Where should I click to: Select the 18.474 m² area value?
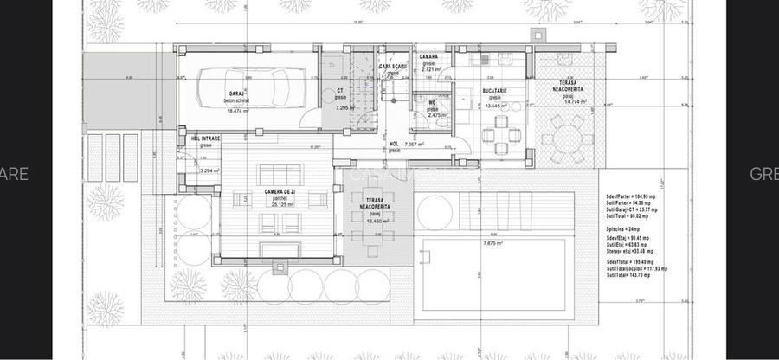(237, 111)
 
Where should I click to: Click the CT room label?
(340, 91)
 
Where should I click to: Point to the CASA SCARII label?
(394, 66)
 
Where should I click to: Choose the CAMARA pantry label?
(428, 57)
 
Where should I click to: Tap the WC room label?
(432, 102)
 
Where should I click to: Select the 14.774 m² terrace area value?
(576, 101)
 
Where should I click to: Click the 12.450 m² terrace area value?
(375, 221)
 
